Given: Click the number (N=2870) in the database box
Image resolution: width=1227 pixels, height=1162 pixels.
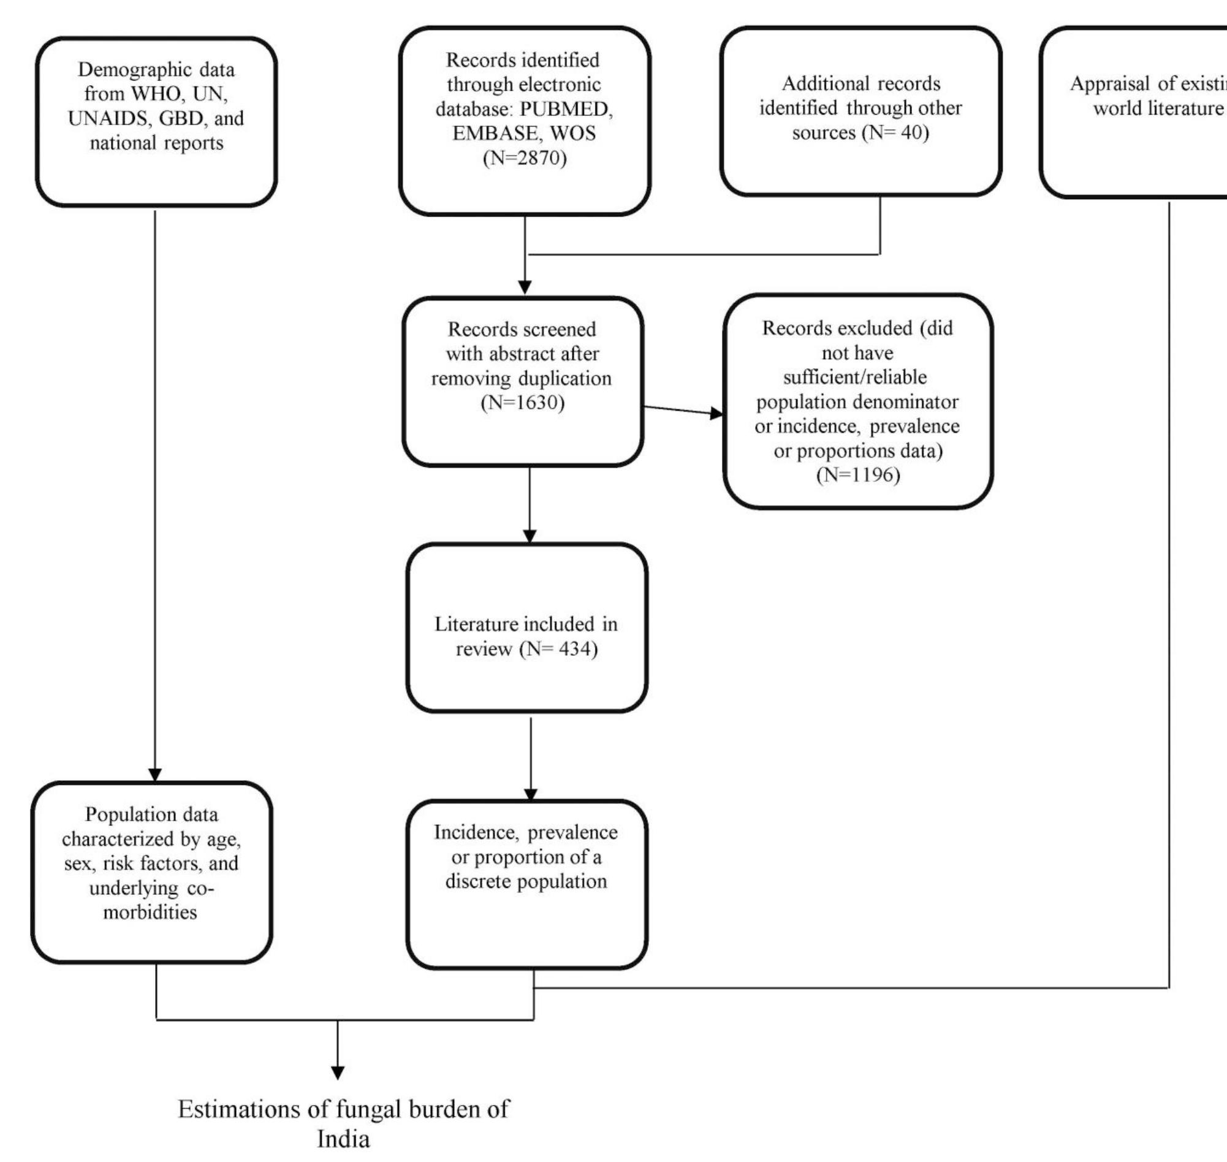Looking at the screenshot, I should coord(524,158).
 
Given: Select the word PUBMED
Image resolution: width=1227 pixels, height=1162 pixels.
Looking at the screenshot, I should coord(566,109).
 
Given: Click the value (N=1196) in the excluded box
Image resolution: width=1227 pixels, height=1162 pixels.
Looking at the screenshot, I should coord(858,475).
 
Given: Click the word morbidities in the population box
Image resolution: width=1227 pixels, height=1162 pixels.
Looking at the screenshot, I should coord(150,912).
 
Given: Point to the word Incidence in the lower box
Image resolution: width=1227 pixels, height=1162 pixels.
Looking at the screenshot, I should coord(474,832).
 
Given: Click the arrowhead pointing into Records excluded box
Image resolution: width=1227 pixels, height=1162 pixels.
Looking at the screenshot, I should coord(716,414).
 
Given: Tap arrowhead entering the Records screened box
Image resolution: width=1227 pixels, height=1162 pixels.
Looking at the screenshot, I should coord(525,287).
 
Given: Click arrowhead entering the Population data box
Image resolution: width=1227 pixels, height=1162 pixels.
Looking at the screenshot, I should coord(155,775).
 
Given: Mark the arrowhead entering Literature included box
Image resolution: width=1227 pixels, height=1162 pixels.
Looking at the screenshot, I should coord(530,536).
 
